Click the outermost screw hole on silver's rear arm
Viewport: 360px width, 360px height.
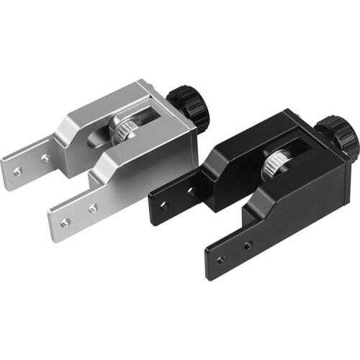click(18, 171)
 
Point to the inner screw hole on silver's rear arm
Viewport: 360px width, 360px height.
click(45, 157)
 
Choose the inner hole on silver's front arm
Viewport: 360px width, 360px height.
click(93, 208)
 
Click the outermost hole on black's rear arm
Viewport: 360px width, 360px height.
click(164, 205)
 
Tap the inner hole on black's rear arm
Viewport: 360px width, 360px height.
click(191, 192)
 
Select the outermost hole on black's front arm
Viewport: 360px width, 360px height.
click(221, 258)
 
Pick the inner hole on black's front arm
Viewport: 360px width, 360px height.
click(248, 245)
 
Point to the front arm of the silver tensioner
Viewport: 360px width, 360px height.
click(79, 216)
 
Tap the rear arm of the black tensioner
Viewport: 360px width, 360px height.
click(176, 199)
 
